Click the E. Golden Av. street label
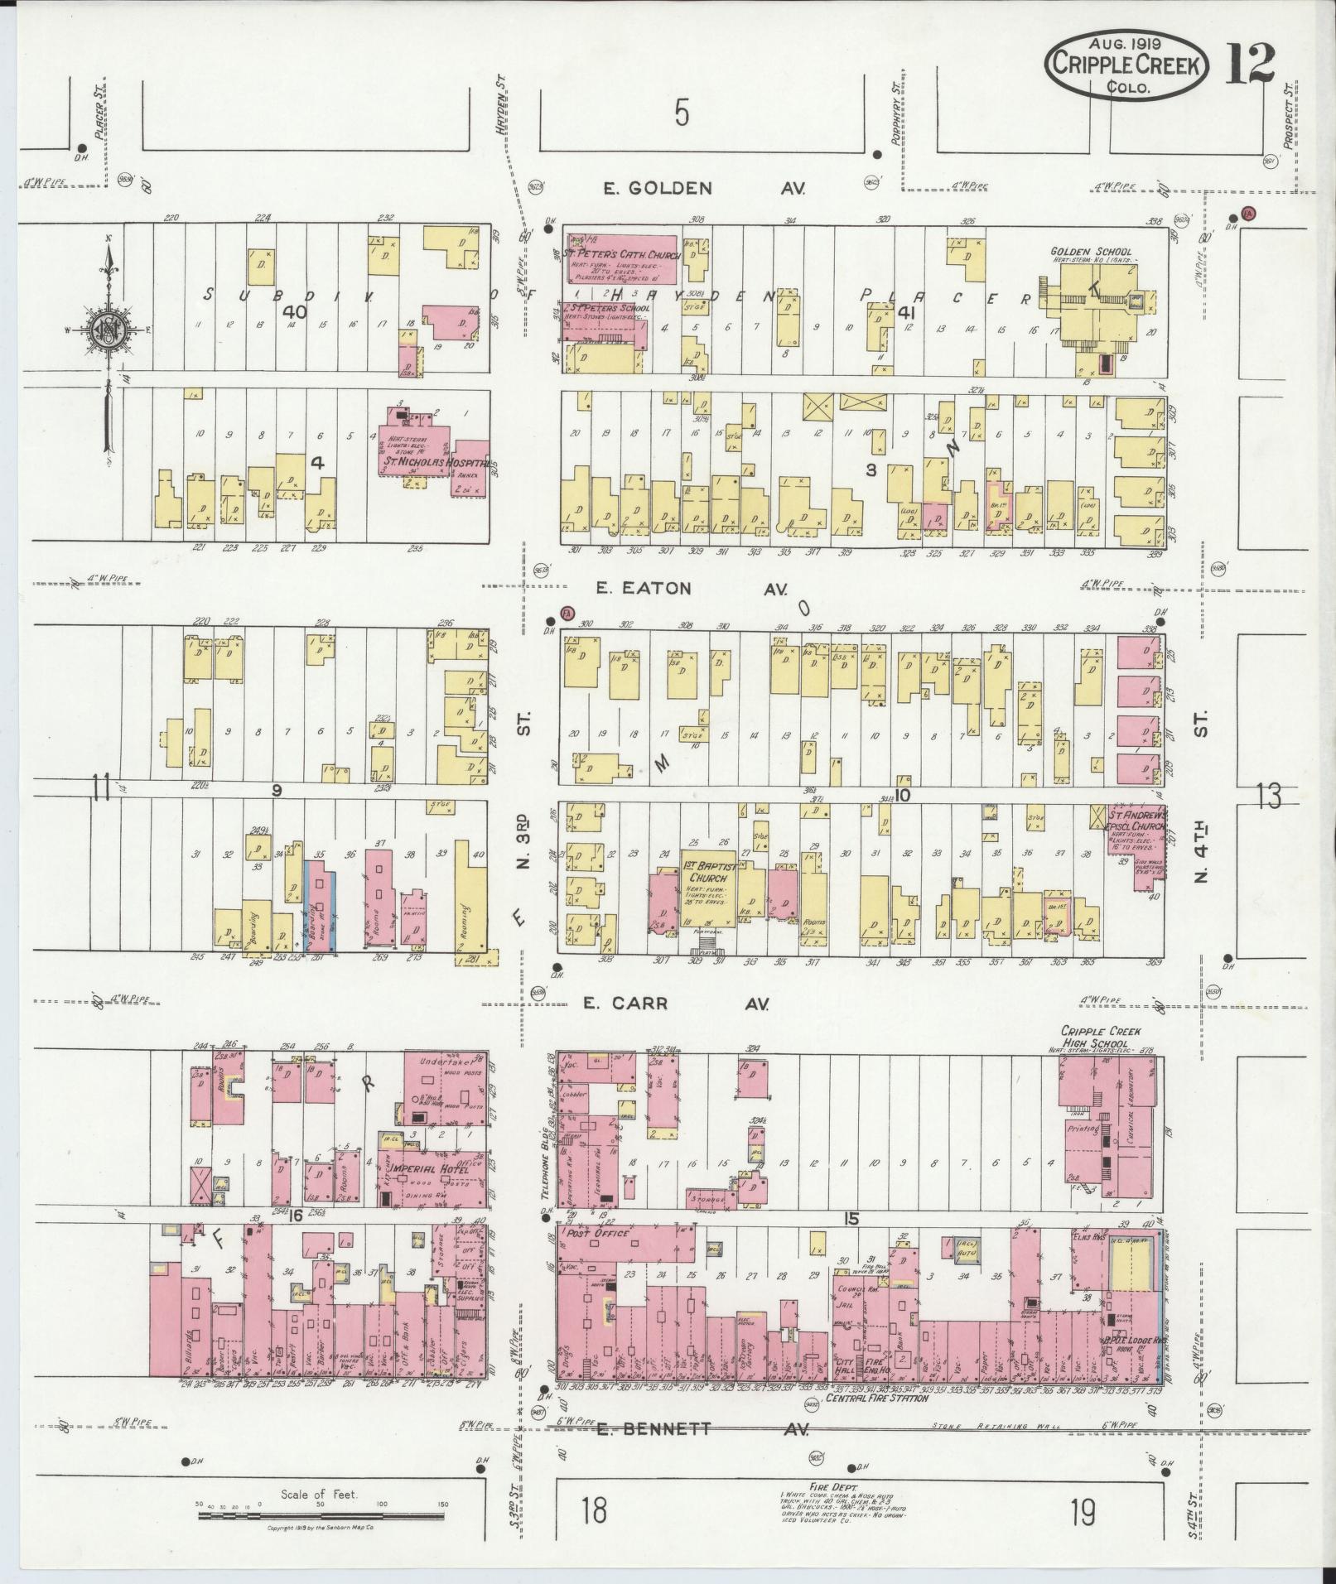pos(704,189)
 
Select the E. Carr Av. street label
pos(675,1004)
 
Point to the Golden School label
pos(1090,252)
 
